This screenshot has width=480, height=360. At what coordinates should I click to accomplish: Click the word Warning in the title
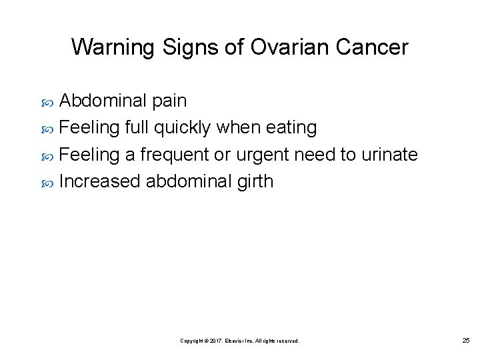click(113, 47)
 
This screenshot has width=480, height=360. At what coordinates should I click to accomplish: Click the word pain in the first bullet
click(169, 101)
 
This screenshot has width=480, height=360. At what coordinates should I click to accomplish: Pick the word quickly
click(184, 127)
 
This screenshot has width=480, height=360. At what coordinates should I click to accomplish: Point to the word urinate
click(389, 155)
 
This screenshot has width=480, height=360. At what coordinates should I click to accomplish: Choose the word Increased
click(99, 181)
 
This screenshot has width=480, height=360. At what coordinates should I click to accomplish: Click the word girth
click(255, 181)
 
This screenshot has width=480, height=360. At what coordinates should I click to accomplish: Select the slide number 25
click(465, 341)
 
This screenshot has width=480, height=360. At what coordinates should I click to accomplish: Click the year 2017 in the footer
click(217, 341)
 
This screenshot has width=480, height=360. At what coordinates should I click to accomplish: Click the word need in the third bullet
click(315, 155)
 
